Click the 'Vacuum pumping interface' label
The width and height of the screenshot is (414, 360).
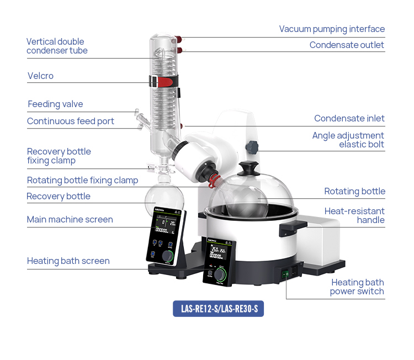(x=332, y=29)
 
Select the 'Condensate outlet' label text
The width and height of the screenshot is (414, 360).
(x=347, y=45)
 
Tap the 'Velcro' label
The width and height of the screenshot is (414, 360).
(x=40, y=76)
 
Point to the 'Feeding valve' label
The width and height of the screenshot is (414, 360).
(x=55, y=104)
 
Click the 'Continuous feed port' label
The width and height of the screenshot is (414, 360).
(x=71, y=121)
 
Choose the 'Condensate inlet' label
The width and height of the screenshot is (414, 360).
(x=349, y=119)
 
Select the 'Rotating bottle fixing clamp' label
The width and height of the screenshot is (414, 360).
(x=82, y=181)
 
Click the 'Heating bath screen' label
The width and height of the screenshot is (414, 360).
(x=68, y=261)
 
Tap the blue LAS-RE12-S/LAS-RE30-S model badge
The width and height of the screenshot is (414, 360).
(x=219, y=309)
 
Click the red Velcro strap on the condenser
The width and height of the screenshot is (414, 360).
(x=164, y=82)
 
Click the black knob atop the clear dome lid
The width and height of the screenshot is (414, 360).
(x=250, y=167)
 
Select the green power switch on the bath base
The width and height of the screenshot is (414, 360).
(x=286, y=273)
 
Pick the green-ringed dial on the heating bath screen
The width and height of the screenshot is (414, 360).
(x=221, y=274)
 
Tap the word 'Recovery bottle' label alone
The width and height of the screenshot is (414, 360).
(x=59, y=197)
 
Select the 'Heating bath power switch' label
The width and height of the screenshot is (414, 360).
(x=357, y=287)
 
